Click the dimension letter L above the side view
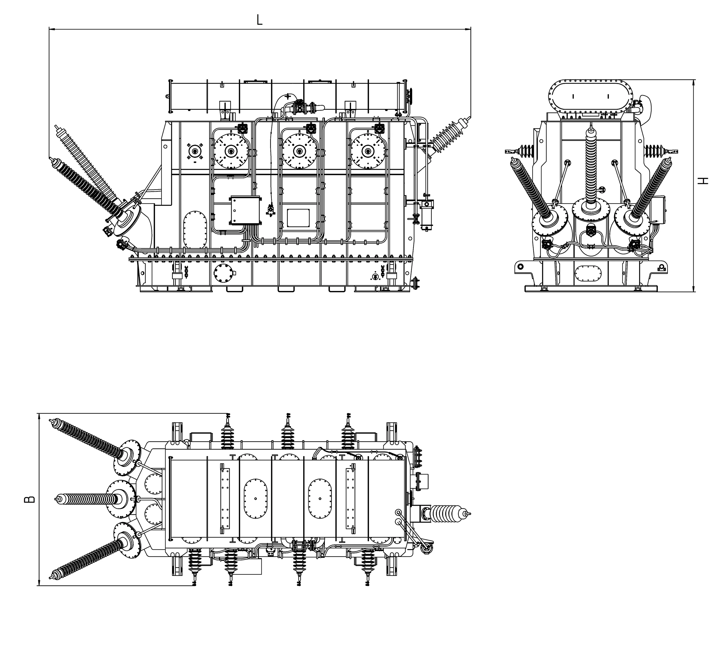coord(260,20)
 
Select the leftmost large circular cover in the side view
coord(231,151)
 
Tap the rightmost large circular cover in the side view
coord(368,151)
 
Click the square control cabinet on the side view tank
coord(246,210)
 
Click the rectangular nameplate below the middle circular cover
coord(298,218)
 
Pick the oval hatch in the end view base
coord(588,273)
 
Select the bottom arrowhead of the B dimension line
coord(38,582)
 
